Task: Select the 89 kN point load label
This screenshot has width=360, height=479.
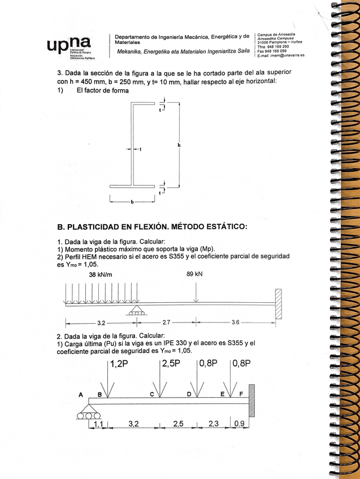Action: click(x=195, y=275)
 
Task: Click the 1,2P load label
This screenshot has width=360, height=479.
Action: click(x=120, y=364)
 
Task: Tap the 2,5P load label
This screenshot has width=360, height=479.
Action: click(x=171, y=364)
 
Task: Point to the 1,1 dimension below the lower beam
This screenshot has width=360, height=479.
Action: click(x=98, y=424)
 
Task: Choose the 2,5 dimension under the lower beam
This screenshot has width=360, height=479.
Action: click(x=178, y=424)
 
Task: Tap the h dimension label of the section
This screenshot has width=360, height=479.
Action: click(x=179, y=145)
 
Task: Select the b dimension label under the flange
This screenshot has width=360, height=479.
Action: click(x=132, y=201)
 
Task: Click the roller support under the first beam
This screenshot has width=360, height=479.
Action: click(x=136, y=310)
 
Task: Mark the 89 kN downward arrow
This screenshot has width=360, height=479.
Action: click(x=195, y=293)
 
